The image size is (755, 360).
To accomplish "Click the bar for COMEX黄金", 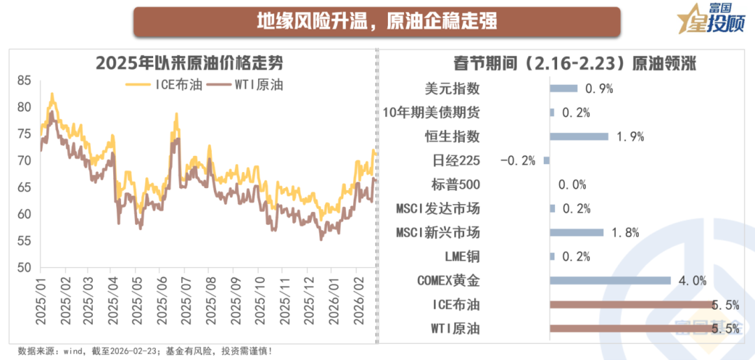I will tap(610, 280).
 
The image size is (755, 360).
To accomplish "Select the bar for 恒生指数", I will tap(579, 136).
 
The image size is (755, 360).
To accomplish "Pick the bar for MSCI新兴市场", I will tap(577, 232).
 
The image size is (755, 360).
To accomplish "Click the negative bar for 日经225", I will tap(547, 160).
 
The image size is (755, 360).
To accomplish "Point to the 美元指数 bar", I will tap(563, 88).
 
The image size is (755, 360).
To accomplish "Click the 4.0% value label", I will tap(691, 281).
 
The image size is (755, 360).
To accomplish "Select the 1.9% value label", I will tap(629, 136).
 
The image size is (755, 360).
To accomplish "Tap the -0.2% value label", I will tap(518, 161).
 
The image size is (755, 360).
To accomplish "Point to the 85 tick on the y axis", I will tap(24, 80).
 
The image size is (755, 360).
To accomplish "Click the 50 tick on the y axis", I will tap(24, 268).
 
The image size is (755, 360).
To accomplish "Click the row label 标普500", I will tap(455, 185).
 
